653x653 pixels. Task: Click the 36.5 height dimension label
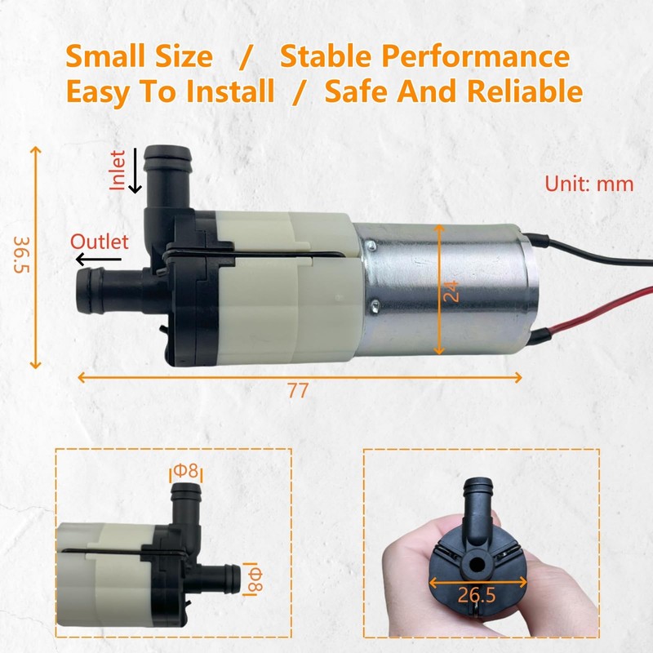coord(22,256)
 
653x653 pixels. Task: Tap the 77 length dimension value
coord(298,391)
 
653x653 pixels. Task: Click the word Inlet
coord(119,170)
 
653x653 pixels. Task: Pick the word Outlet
coord(100,242)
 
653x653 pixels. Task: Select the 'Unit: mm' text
coord(589,184)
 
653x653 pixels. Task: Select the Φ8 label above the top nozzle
coord(185,471)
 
